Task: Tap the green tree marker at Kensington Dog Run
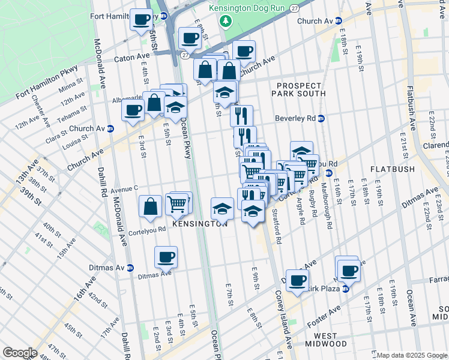(x=226, y=22)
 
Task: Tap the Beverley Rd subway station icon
(x=321, y=119)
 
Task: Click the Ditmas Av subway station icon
(x=130, y=268)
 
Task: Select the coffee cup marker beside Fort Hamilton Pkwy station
(x=142, y=20)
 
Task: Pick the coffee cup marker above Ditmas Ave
(x=166, y=257)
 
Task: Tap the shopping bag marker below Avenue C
(x=149, y=206)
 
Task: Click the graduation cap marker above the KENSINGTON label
(x=222, y=209)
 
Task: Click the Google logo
(x=20, y=353)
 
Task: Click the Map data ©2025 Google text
(x=412, y=355)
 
